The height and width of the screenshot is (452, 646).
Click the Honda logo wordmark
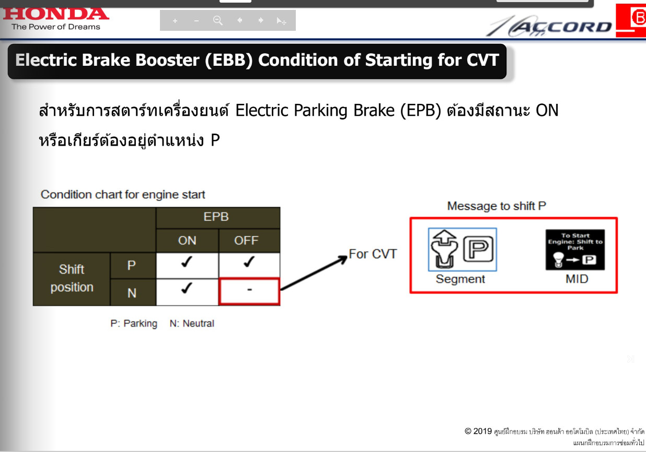pyautogui.click(x=56, y=14)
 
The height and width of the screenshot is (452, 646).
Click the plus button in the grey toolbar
pyautogui.click(x=175, y=21)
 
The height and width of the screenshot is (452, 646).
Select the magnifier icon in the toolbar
pyautogui.click(x=218, y=20)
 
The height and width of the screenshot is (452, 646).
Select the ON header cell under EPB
pyautogui.click(x=187, y=240)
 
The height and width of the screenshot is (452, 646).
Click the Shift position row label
pyautogui.click(x=72, y=278)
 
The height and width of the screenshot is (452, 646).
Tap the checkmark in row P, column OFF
pyautogui.click(x=249, y=262)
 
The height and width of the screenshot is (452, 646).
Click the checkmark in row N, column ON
pyautogui.click(x=187, y=288)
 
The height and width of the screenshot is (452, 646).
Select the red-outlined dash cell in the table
pyautogui.click(x=249, y=291)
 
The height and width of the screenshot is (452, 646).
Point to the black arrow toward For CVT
pyautogui.click(x=314, y=273)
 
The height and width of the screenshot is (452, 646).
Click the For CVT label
pyautogui.click(x=373, y=254)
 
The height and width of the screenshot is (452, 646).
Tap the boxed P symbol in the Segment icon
pyautogui.click(x=478, y=249)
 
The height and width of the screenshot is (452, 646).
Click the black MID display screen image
pyautogui.click(x=575, y=250)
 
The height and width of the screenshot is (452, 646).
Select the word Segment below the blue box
pyautogui.click(x=460, y=279)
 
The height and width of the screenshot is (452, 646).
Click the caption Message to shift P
pyautogui.click(x=497, y=206)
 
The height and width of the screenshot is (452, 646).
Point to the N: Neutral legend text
pyautogui.click(x=192, y=324)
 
